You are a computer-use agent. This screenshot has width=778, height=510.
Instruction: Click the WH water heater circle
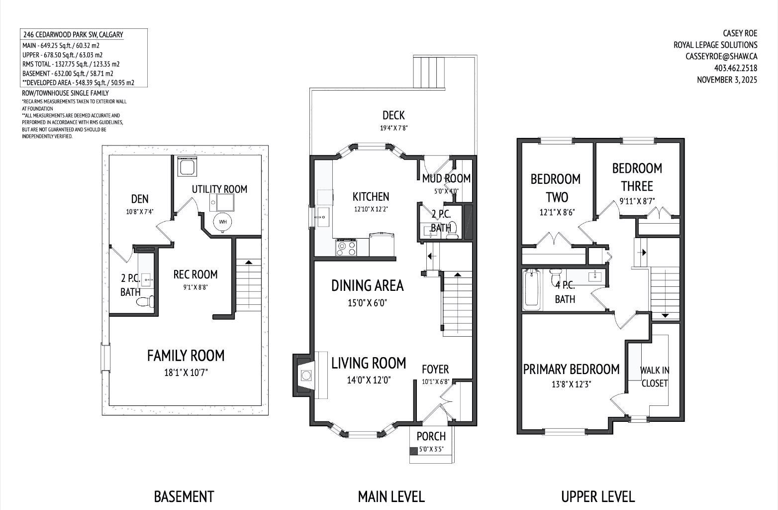[x=222, y=222]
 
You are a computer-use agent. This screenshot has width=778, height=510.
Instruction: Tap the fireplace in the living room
[x=305, y=376]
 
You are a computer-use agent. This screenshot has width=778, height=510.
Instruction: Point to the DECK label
[x=393, y=116]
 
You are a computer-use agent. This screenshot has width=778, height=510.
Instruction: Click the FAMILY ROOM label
[x=186, y=356]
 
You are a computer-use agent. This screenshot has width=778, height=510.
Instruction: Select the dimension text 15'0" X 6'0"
[x=367, y=303]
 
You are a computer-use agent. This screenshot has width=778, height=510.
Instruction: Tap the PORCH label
[x=431, y=436]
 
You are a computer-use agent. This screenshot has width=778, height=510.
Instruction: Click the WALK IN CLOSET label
[x=654, y=377]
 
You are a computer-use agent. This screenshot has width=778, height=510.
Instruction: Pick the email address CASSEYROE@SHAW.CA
[x=721, y=57]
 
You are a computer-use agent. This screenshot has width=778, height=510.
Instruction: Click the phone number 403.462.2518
[x=735, y=68]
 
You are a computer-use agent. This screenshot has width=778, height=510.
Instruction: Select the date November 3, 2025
[x=727, y=80]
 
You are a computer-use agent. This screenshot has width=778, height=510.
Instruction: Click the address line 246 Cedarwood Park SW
[x=73, y=35]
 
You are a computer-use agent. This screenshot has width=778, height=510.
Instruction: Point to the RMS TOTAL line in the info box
[x=71, y=64]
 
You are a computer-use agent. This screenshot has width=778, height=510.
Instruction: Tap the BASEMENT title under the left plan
[x=184, y=497]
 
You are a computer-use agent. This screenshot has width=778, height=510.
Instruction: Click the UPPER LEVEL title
[x=597, y=497]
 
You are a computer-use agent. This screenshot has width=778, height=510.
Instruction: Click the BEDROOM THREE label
[x=637, y=177]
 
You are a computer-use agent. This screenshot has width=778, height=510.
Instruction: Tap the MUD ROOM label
[x=446, y=178]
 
